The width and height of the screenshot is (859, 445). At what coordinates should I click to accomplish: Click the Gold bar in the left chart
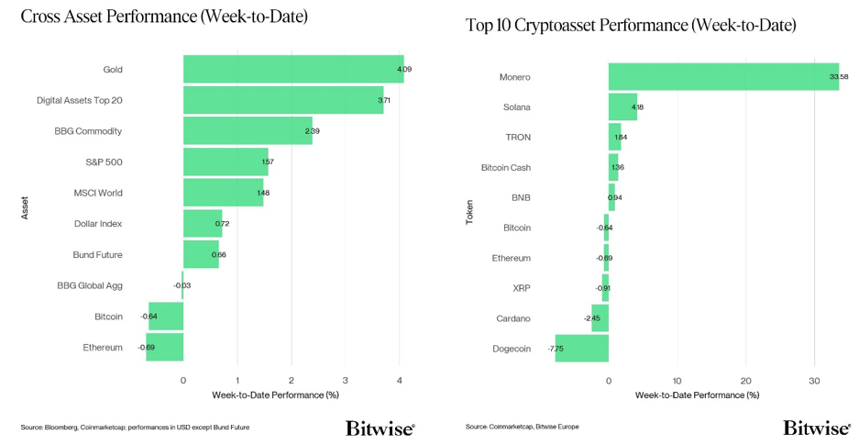(x=293, y=69)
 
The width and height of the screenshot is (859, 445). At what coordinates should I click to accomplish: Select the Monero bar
(x=723, y=76)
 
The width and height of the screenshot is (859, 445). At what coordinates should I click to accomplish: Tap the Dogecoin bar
(x=581, y=349)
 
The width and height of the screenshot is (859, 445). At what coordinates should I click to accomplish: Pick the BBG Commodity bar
(x=248, y=130)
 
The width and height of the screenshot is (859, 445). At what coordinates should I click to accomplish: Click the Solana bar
(x=622, y=107)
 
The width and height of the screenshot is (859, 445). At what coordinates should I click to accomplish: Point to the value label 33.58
(x=839, y=77)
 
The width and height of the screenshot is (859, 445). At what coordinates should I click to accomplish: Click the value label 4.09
(x=404, y=70)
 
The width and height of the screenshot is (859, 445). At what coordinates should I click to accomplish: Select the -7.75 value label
(x=556, y=350)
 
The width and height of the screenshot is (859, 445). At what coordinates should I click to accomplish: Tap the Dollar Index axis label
(x=98, y=224)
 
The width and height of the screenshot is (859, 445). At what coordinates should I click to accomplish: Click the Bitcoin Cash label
(x=506, y=168)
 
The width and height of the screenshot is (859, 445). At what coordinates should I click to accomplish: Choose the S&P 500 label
(x=104, y=162)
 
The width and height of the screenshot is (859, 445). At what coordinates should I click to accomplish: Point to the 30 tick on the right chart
(x=814, y=380)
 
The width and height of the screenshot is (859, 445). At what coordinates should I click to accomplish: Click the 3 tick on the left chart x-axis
(x=346, y=380)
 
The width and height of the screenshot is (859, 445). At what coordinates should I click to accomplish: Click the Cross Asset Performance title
(x=164, y=17)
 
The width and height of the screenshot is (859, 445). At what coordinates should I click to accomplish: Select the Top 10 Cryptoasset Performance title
(x=631, y=26)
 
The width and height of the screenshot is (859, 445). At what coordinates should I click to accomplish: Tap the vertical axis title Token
(x=469, y=212)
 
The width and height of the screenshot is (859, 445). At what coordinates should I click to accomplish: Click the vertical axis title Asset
(x=26, y=208)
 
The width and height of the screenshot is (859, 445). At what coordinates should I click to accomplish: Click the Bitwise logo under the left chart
(x=380, y=428)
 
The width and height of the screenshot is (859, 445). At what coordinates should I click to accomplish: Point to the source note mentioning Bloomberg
(x=135, y=428)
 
